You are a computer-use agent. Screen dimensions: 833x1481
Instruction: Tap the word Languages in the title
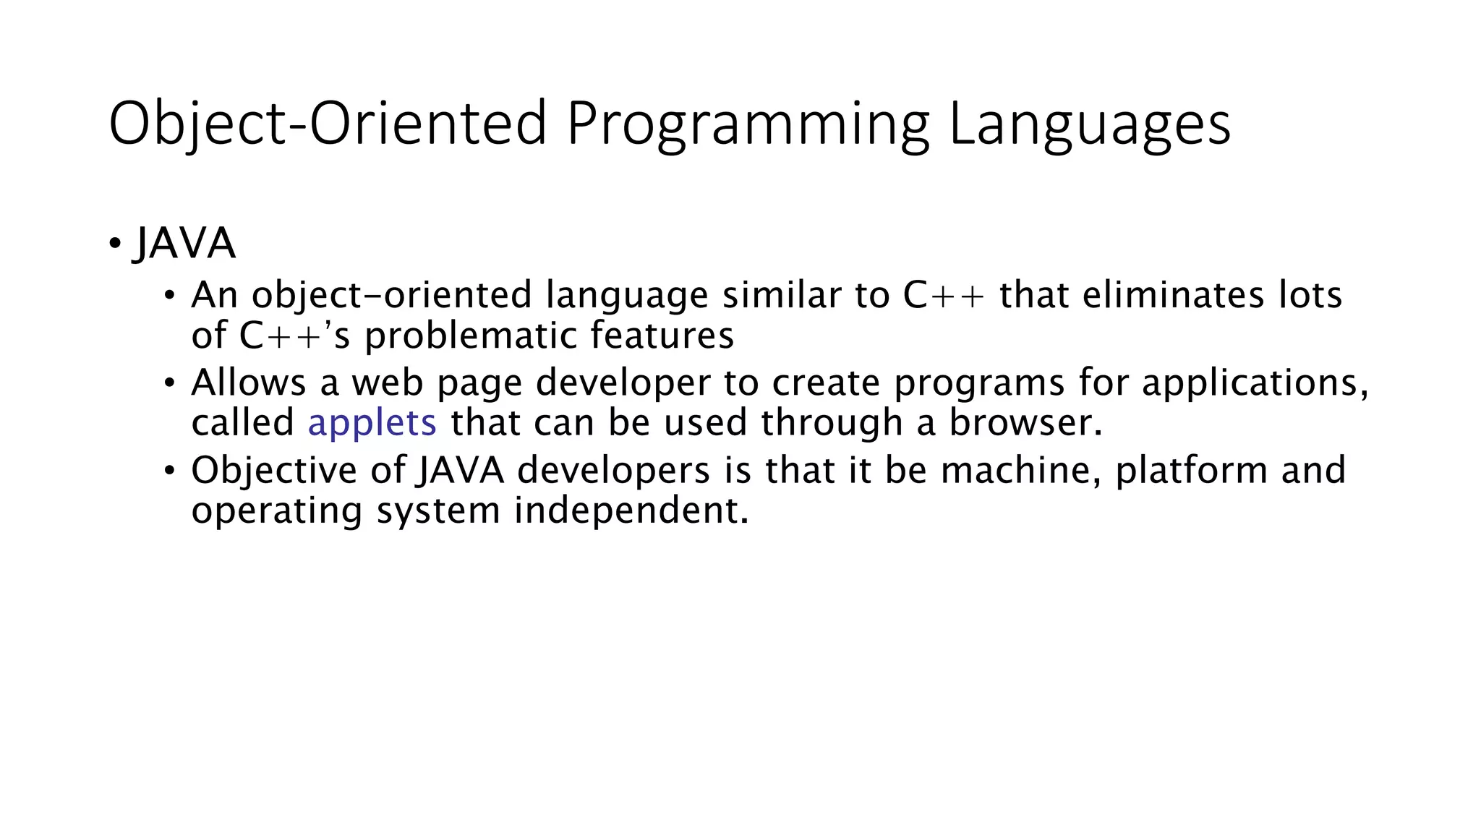point(1089,124)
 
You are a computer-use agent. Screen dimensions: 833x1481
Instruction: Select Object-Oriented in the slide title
point(328,124)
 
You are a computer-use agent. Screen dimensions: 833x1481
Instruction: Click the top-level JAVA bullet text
point(184,244)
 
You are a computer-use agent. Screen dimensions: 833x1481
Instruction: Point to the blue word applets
point(372,422)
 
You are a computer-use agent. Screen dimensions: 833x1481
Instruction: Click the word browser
point(1025,422)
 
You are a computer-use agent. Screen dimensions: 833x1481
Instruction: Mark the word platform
point(1191,470)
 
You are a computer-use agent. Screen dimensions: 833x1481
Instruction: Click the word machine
point(1020,470)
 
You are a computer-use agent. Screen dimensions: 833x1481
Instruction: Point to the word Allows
point(248,383)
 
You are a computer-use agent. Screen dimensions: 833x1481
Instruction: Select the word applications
point(1255,383)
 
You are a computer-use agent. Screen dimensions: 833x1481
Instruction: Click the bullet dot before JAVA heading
point(115,244)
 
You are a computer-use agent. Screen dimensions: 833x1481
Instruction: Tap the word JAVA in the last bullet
point(460,470)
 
